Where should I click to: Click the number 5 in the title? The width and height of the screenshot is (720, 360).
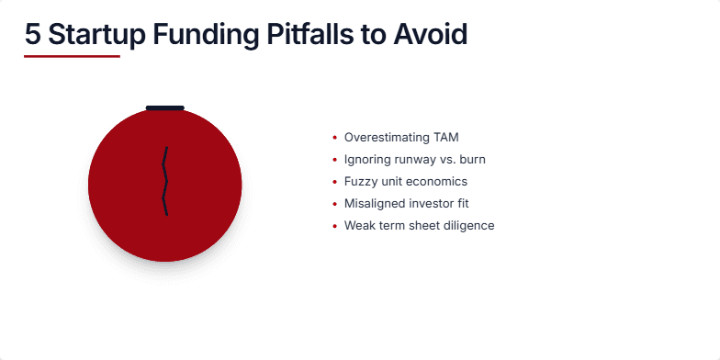point(33,35)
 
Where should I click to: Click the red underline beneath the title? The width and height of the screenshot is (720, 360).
point(72,56)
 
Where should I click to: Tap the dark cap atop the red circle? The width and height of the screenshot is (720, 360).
point(165,107)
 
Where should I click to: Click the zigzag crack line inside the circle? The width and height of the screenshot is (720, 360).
point(165,182)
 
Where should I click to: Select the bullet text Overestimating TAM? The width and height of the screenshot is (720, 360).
point(400,138)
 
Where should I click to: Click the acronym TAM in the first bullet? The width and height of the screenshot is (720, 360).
point(444,138)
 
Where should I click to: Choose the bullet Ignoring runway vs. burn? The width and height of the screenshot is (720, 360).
point(414,160)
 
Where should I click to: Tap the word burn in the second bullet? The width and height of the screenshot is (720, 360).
point(471,160)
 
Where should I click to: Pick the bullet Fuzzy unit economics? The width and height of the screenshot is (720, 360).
point(405,182)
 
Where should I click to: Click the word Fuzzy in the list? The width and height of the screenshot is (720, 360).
point(360,182)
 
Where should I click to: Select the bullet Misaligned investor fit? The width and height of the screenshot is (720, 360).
point(407,204)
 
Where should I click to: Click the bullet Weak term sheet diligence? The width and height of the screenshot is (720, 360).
point(419,226)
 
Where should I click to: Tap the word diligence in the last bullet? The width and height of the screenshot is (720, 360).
point(468,226)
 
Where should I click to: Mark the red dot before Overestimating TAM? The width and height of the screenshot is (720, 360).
point(334,138)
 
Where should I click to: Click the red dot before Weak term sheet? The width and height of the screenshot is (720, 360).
point(334,226)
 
